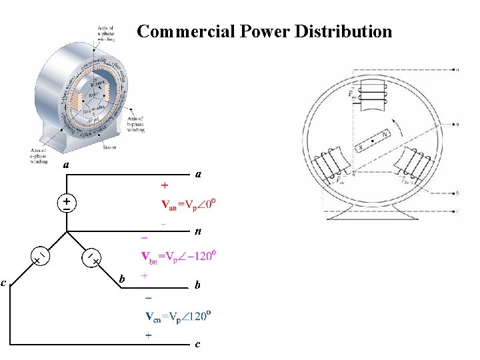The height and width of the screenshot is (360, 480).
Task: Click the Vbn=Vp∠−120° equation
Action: (180, 256)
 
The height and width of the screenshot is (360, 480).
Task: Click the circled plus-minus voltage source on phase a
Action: (67, 203)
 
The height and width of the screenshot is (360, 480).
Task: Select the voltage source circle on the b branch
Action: (93, 257)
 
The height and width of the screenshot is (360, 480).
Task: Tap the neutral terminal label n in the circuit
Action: (198, 233)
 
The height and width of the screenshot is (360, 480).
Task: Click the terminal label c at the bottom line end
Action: (197, 344)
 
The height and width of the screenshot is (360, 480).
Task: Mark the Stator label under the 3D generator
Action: (110, 148)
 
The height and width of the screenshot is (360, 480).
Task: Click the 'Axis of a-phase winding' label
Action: (106, 34)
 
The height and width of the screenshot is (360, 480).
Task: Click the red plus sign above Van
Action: (164, 184)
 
